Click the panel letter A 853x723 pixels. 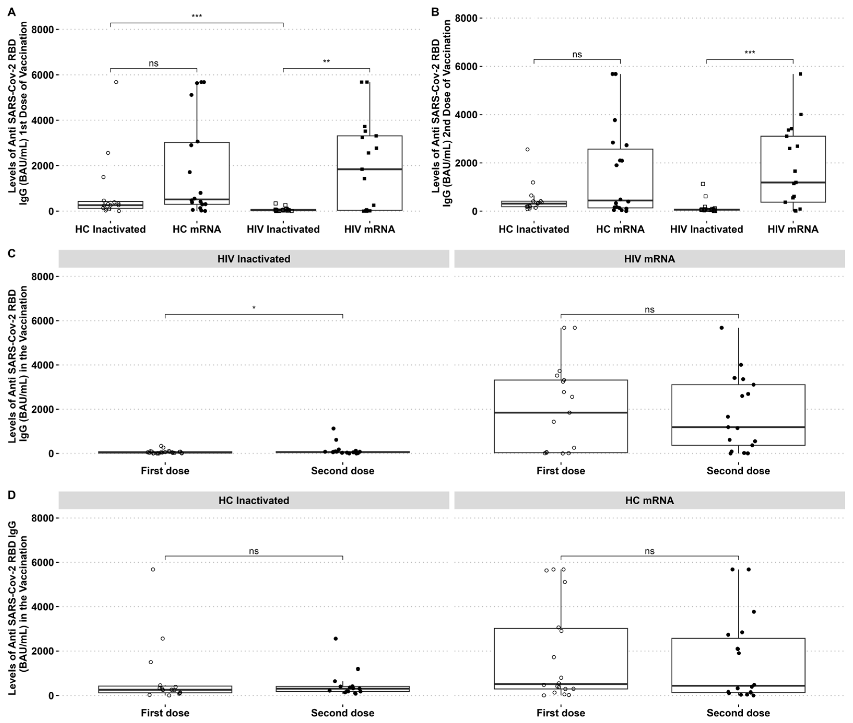[11, 12]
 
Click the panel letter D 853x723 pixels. [11, 495]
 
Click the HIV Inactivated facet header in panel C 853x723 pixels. [254, 259]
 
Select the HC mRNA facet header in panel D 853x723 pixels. [649, 500]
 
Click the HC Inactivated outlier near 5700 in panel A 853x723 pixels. [116, 82]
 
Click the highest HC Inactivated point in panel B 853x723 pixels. [528, 149]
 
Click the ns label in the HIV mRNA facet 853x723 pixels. [649, 310]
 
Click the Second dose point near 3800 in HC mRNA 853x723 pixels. [754, 611]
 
